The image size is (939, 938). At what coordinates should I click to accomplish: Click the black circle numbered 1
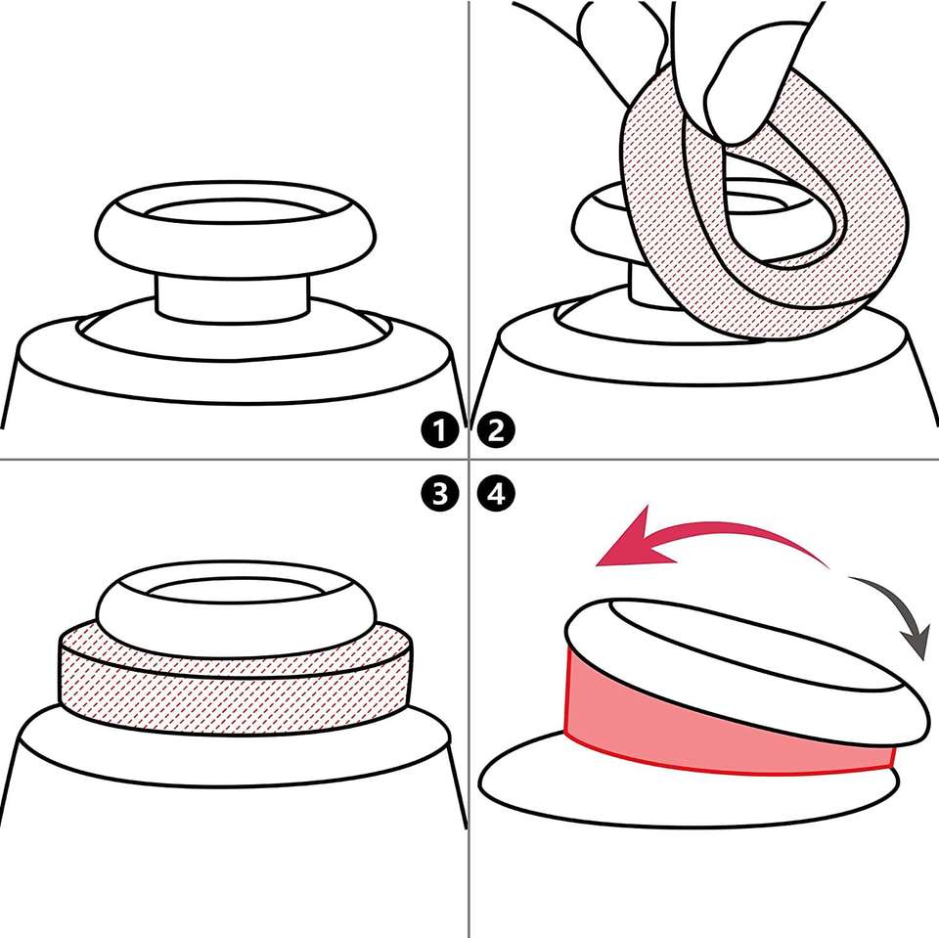[439, 430]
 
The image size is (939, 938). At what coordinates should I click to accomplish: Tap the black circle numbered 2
[497, 430]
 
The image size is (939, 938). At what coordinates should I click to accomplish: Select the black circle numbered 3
[439, 495]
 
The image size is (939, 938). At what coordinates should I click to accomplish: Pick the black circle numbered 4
[497, 495]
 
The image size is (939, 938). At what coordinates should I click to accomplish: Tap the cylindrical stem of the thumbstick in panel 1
[233, 297]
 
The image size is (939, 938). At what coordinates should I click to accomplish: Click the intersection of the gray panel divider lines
[469, 460]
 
